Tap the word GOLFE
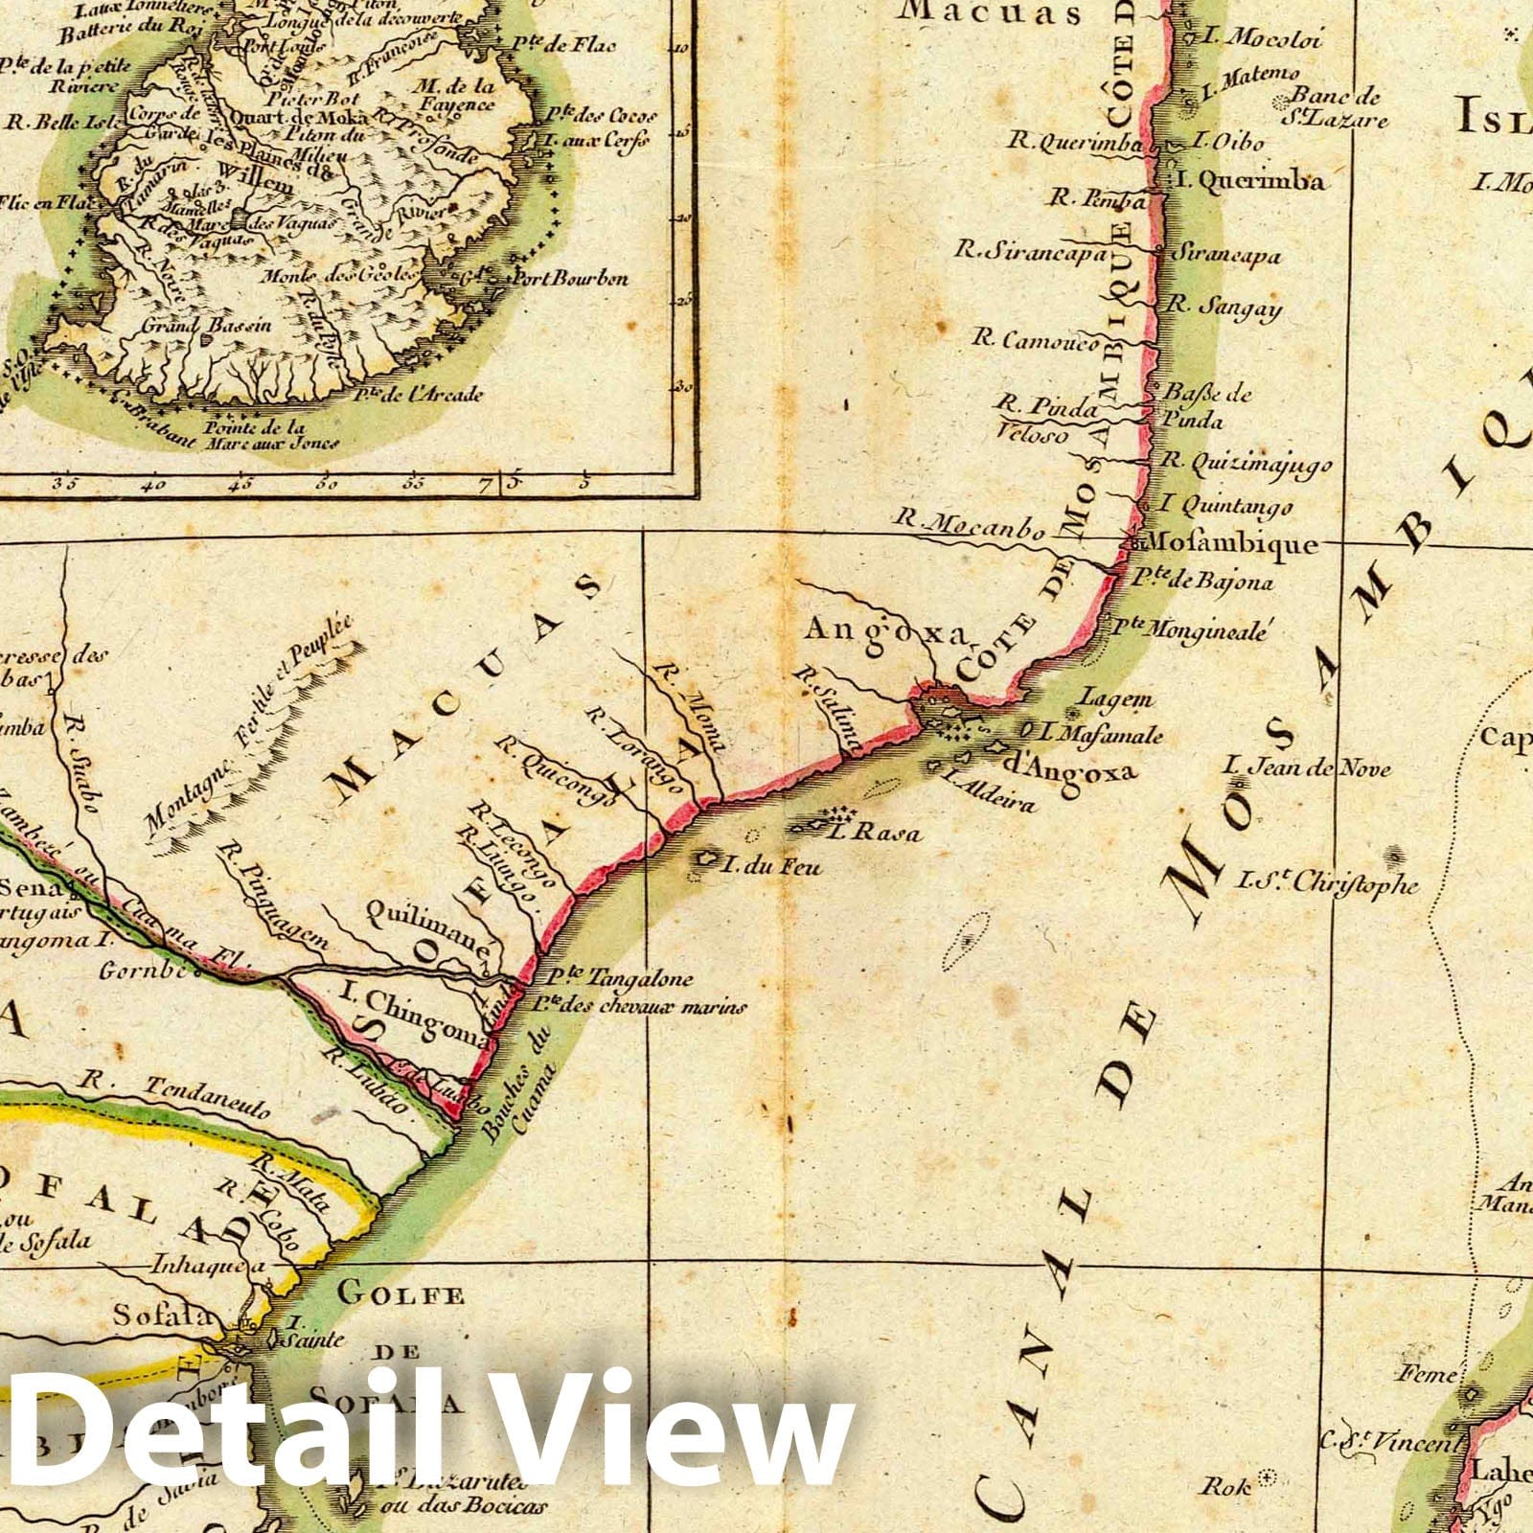tap(401, 1296)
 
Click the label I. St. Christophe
tap(1328, 882)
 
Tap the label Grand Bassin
tap(207, 326)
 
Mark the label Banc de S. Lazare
tap(1337, 107)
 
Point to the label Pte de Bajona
tap(1201, 582)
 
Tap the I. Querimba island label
tap(1250, 181)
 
